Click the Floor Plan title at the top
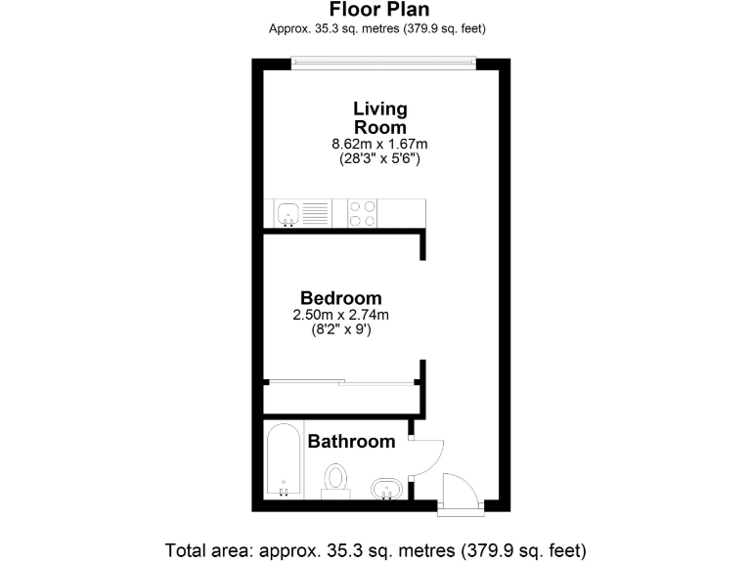pyautogui.click(x=377, y=11)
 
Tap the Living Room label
pyautogui.click(x=379, y=117)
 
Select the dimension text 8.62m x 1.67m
pyautogui.click(x=379, y=144)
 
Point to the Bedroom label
pyautogui.click(x=340, y=298)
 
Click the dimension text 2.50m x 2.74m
pyautogui.click(x=340, y=315)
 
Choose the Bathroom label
pyautogui.click(x=351, y=442)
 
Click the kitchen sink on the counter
pyautogui.click(x=287, y=212)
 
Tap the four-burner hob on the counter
pyautogui.click(x=362, y=212)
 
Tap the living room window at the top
pyautogui.click(x=383, y=64)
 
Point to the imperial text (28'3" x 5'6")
pyautogui.click(x=379, y=158)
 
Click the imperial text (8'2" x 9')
pyautogui.click(x=340, y=329)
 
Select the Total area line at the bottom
pyautogui.click(x=376, y=548)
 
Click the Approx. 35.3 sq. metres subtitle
pyautogui.click(x=377, y=28)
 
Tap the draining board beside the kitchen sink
pyautogui.click(x=315, y=212)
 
